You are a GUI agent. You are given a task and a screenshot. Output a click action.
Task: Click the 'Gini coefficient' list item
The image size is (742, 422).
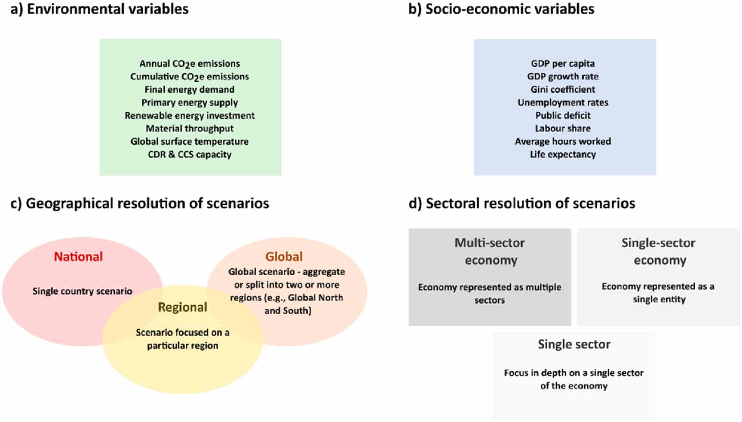click(x=563, y=90)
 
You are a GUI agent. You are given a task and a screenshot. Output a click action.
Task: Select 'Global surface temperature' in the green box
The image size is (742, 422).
click(x=190, y=141)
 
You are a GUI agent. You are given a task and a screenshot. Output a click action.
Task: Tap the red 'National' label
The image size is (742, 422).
click(x=78, y=257)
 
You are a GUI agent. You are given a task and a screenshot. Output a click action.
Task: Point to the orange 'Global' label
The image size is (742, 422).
click(x=284, y=257)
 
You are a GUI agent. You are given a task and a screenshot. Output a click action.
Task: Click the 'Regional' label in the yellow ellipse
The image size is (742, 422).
click(x=182, y=307)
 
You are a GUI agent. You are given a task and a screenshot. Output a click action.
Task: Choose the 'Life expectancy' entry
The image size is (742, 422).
click(x=563, y=154)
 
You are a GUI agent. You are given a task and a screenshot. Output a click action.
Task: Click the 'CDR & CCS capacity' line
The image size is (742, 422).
click(x=190, y=154)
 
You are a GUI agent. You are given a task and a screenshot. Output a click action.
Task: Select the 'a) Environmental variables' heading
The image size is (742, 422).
click(x=99, y=9)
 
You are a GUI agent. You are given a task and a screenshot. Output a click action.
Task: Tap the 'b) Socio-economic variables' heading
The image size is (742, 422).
click(x=501, y=9)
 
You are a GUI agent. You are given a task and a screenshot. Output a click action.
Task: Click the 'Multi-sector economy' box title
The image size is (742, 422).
click(x=490, y=251)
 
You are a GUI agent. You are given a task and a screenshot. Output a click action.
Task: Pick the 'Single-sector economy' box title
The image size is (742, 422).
click(x=659, y=251)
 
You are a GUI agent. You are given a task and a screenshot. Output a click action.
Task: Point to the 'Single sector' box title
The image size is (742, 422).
click(x=574, y=344)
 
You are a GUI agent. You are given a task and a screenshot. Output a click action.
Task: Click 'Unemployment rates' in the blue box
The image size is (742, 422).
click(x=563, y=102)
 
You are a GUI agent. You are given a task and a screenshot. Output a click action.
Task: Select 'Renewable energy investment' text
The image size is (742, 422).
click(x=190, y=115)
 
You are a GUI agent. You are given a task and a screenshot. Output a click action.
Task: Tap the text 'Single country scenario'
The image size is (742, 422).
click(x=82, y=291)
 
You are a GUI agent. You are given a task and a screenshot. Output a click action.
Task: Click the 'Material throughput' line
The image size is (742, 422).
click(x=190, y=128)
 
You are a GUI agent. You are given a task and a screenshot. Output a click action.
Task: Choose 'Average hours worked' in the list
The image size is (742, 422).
click(x=563, y=141)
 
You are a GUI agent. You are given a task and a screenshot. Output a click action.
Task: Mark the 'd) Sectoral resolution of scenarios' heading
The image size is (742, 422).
click(x=521, y=203)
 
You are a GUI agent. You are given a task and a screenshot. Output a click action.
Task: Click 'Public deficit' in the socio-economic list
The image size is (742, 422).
click(x=563, y=115)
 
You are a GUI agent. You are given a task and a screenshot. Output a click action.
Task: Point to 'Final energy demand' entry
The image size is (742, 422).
click(x=190, y=90)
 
